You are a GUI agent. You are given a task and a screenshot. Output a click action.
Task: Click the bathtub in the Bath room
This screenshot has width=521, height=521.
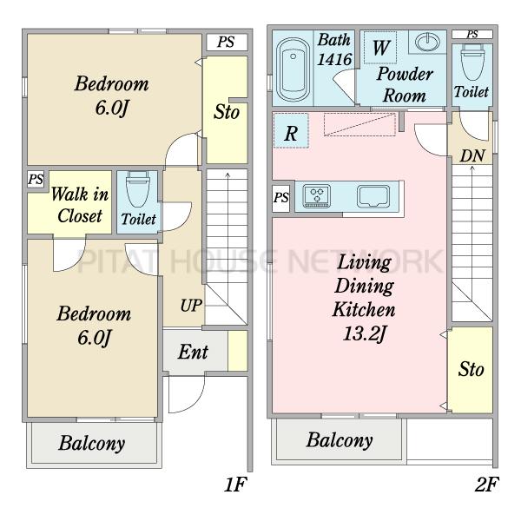point(293,69)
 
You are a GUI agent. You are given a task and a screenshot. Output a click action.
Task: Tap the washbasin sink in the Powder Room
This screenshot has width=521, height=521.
point(427,42)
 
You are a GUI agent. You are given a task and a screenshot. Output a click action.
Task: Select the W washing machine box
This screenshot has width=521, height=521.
point(380,47)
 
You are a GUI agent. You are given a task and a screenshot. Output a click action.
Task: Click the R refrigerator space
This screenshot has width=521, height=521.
point(291,130)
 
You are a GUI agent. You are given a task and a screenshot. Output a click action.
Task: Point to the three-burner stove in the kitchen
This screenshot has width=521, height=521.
point(317,195)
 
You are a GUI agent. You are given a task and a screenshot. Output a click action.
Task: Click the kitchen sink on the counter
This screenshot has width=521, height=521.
point(373,196)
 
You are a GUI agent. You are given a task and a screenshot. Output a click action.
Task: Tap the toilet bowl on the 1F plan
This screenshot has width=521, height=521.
point(138,188)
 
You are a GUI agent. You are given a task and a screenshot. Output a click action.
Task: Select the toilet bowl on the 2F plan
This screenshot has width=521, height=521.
point(472,63)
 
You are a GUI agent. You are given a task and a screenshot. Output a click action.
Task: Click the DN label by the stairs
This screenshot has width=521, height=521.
point(472,155)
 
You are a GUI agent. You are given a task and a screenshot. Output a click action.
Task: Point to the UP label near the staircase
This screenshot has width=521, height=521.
point(191,305)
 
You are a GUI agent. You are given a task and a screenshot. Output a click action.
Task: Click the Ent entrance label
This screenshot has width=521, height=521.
point(193,352)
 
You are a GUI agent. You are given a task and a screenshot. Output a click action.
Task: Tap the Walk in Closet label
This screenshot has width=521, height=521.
point(80,205)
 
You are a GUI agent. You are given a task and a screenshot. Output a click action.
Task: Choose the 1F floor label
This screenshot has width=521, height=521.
point(235,485)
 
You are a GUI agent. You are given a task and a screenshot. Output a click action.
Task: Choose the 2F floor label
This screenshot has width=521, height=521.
point(487,485)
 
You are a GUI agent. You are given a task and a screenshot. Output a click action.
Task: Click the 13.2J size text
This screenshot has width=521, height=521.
point(365,333)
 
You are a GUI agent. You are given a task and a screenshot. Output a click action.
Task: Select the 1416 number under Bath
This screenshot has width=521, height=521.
point(334,60)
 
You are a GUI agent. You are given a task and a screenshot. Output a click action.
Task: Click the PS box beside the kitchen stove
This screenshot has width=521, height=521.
point(280,198)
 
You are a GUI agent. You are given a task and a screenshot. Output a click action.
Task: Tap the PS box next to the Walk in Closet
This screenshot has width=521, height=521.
point(36,180)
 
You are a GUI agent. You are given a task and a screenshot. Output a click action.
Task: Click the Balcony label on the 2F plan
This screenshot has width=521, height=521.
point(340,440)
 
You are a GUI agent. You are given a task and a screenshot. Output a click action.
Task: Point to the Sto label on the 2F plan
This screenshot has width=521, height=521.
point(471,370)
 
